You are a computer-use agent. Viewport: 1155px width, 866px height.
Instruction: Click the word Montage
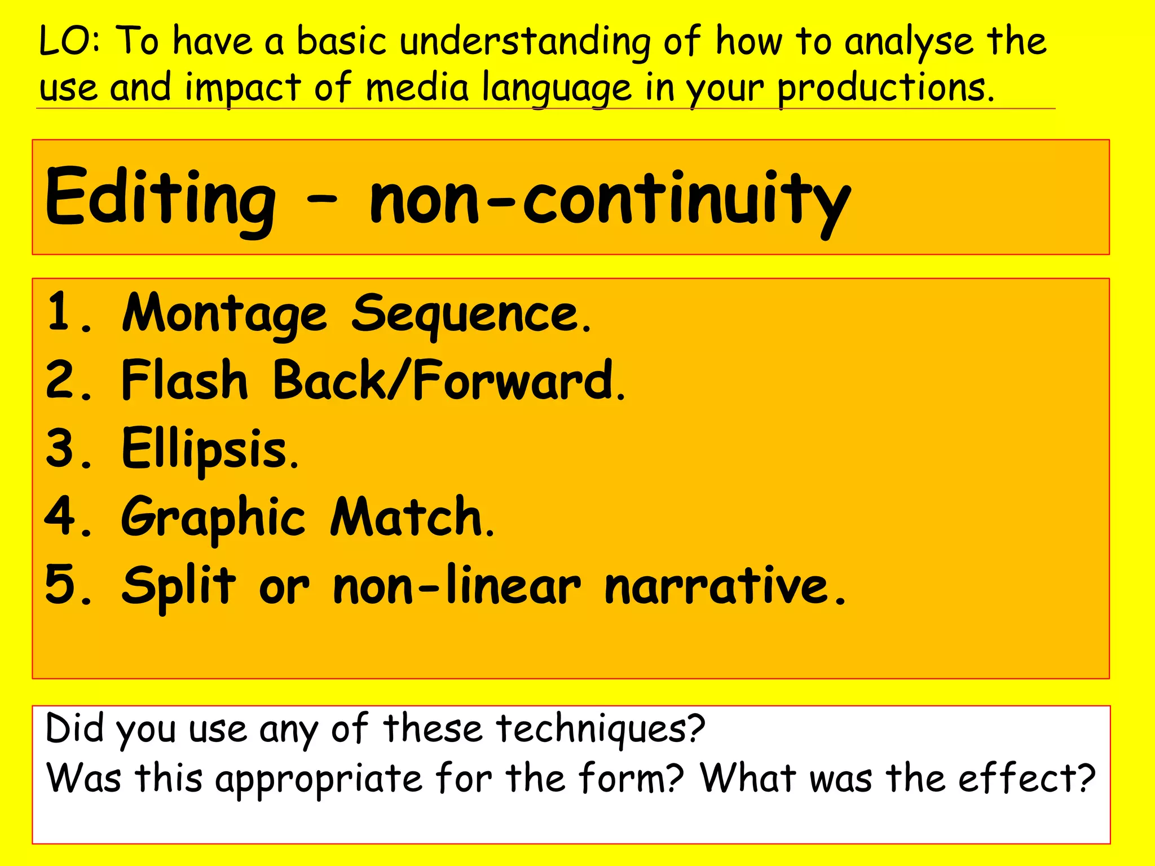point(224,314)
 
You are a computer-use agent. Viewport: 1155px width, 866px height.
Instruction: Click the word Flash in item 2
point(184,381)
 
